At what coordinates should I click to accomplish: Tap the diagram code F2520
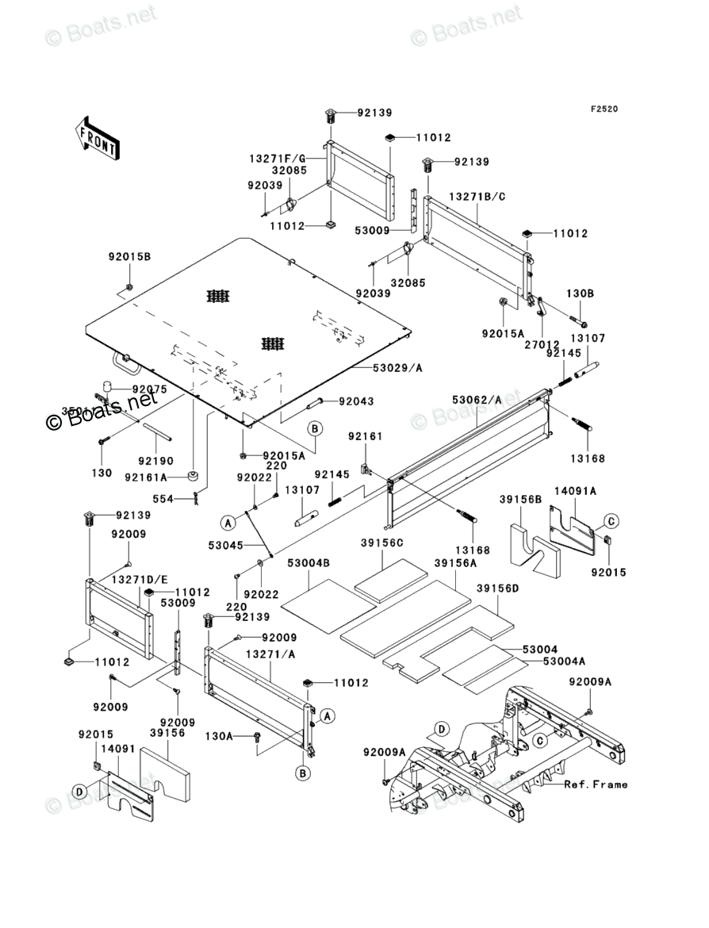(x=603, y=109)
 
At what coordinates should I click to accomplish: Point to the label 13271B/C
(x=478, y=196)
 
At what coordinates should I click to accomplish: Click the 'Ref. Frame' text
(x=596, y=784)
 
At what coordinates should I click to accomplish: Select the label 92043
(x=357, y=401)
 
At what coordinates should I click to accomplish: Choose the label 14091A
(x=575, y=492)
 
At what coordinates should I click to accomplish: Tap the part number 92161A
(x=146, y=477)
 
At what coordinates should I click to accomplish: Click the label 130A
(x=219, y=737)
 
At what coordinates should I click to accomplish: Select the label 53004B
(x=309, y=562)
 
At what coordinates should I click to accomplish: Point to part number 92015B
(x=129, y=256)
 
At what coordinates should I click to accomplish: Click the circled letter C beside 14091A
(x=610, y=520)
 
